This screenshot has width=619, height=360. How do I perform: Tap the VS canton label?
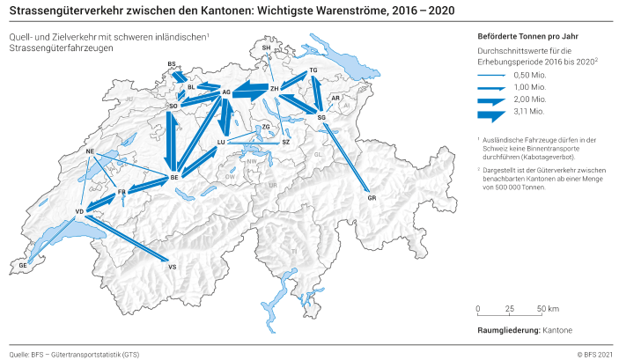point(172,266)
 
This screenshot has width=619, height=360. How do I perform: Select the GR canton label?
point(372,199)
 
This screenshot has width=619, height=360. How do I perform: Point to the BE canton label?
point(174,178)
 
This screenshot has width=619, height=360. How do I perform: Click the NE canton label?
point(90,151)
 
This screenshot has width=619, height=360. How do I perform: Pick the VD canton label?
point(79,211)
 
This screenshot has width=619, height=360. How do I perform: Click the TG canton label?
point(313,70)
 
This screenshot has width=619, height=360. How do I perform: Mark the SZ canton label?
point(285,142)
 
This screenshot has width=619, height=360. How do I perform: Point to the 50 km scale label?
point(547,310)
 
